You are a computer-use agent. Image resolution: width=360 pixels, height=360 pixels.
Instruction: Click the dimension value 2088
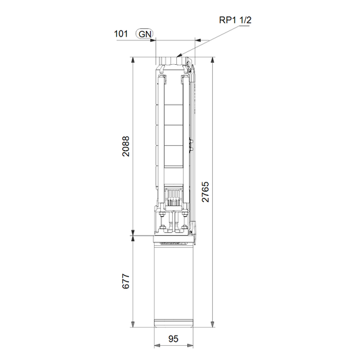tap(126, 147)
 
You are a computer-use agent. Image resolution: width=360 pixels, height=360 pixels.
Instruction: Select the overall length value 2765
tap(205, 192)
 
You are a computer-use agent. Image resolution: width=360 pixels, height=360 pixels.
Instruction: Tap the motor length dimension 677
tap(126, 281)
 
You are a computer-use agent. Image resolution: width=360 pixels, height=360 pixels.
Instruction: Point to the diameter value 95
tap(174, 338)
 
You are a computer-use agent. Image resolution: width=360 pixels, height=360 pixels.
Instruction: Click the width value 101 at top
tap(121, 34)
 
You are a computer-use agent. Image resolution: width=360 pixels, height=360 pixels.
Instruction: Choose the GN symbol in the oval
tap(145, 34)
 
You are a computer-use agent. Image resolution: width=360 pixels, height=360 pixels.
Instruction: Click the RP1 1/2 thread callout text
tap(235, 20)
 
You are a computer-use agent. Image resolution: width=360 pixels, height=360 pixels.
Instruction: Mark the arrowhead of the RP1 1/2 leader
tap(179, 55)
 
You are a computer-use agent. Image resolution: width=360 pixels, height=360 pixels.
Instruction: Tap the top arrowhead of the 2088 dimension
tap(132, 59)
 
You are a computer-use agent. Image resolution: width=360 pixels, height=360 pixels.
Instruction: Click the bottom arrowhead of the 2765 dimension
tap(213, 324)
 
